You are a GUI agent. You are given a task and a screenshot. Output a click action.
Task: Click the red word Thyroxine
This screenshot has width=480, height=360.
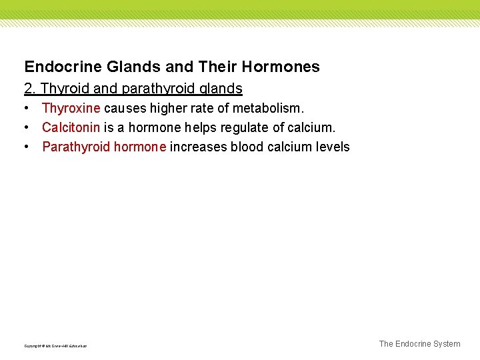pyautogui.click(x=71, y=108)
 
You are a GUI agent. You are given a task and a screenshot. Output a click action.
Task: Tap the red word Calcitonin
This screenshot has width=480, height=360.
pyautogui.click(x=71, y=127)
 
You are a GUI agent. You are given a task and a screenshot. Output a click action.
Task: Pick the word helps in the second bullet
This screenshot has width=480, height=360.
pyautogui.click(x=200, y=127)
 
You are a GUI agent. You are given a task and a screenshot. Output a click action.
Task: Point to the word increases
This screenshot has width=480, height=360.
pyautogui.click(x=198, y=147)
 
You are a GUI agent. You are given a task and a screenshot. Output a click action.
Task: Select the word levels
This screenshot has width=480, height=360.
pyautogui.click(x=334, y=147)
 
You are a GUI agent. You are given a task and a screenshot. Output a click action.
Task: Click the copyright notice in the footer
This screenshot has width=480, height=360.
pyautogui.click(x=55, y=346)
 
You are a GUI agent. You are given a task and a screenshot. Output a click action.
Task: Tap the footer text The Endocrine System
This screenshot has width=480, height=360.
pyautogui.click(x=419, y=344)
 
